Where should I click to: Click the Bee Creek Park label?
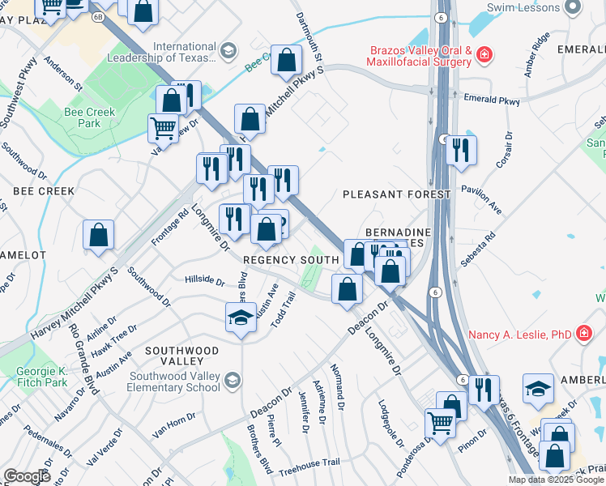90,117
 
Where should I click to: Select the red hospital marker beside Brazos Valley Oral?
484,55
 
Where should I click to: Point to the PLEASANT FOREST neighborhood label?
396,195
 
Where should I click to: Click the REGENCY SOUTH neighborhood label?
291,259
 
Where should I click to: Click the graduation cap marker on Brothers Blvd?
241,318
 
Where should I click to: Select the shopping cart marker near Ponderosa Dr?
441,421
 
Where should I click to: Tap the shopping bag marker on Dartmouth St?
287,61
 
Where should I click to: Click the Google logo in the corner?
28,476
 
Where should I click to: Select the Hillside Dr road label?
204,280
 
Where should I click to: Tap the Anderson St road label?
63,73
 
